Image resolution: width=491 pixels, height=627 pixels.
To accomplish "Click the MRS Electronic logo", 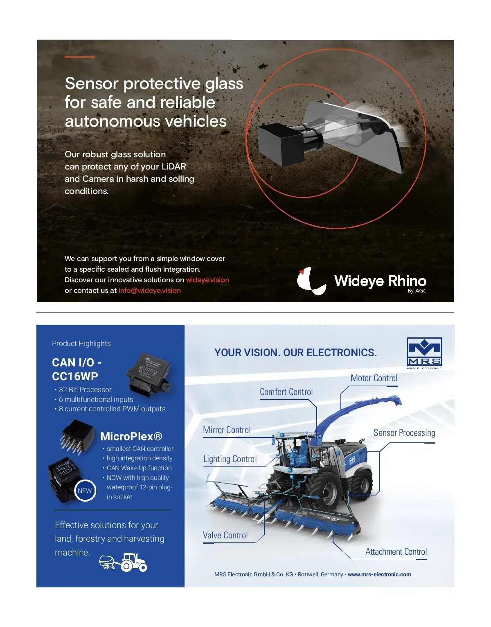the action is (424, 353).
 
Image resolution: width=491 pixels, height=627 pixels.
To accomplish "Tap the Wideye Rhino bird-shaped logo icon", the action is (311, 281).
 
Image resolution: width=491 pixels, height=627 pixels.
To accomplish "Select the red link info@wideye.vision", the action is (150, 290).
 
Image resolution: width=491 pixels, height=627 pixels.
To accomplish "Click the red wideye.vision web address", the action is (207, 279).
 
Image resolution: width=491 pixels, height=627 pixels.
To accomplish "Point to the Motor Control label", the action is (374, 378).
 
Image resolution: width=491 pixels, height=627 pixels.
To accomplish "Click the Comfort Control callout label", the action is (286, 392).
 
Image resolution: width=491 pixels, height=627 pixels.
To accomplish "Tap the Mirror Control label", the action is (227, 430).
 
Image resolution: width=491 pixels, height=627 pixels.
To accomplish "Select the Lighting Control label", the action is (230, 459).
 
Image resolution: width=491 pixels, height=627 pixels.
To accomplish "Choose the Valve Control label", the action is (225, 535).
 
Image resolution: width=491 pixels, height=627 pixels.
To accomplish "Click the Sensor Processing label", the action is (404, 433).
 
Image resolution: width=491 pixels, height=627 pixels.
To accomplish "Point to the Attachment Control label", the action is (396, 551).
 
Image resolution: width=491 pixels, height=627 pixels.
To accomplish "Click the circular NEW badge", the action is (85, 491).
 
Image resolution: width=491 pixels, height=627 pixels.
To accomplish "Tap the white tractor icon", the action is (134, 562).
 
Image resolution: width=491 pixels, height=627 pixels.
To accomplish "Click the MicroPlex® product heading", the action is (131, 436).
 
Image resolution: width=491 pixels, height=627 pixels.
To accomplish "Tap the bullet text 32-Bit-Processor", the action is (85, 390).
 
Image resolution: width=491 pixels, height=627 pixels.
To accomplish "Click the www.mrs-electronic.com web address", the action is (379, 574).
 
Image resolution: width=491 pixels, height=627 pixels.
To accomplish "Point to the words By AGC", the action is (417, 290).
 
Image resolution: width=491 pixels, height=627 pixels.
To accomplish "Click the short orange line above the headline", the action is (79, 57).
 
